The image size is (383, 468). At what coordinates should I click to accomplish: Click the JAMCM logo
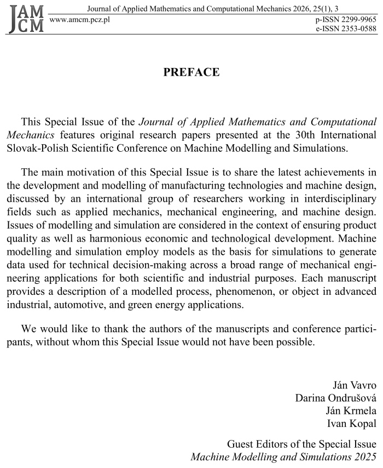point(25,18)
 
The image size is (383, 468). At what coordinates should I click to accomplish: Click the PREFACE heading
point(191,72)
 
